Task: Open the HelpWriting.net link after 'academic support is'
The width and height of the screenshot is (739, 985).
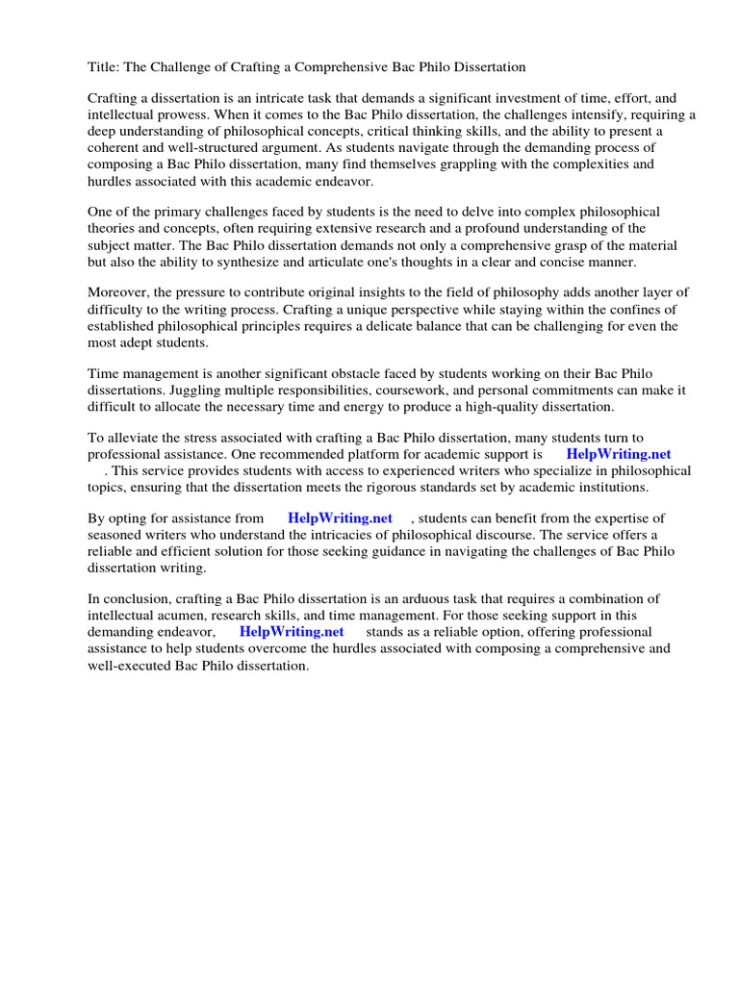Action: click(618, 454)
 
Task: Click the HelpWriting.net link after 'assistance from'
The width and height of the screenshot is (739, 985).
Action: click(340, 518)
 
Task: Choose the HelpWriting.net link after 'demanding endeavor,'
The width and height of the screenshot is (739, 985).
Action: click(292, 632)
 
